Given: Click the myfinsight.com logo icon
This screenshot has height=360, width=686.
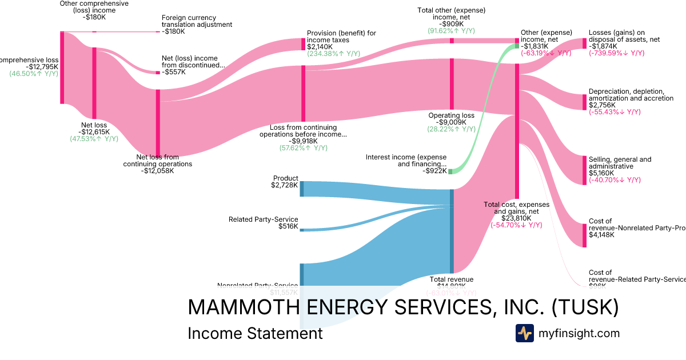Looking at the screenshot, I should [x=525, y=333].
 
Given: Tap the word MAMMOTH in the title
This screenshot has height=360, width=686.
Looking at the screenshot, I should [x=241, y=307].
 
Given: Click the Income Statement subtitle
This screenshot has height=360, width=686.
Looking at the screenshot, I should [x=255, y=333].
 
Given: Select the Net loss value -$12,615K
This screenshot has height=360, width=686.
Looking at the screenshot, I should [x=94, y=132].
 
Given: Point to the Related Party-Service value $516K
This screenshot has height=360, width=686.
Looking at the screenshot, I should [x=288, y=226].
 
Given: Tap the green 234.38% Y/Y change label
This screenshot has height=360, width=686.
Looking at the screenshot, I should [x=333, y=54].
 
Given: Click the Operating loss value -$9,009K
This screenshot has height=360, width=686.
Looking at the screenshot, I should [x=451, y=122].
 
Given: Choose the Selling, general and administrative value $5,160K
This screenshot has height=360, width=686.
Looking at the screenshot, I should [x=601, y=173].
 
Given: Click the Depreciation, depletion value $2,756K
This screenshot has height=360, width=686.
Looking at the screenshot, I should [x=602, y=105].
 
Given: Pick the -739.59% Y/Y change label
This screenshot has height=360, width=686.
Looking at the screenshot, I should [x=616, y=53].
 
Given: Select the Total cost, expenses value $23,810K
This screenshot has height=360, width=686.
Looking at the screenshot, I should [x=517, y=218].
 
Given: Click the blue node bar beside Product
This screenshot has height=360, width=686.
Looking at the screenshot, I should [x=302, y=189].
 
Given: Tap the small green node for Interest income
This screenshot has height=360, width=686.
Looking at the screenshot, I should [x=450, y=171].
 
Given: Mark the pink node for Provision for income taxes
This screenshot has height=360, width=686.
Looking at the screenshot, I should [x=304, y=44].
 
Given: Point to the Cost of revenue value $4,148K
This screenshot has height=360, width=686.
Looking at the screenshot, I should [x=601, y=235].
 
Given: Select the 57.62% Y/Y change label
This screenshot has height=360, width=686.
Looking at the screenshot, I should [x=303, y=148].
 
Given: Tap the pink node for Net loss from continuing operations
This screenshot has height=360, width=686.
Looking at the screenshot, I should [x=158, y=122].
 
